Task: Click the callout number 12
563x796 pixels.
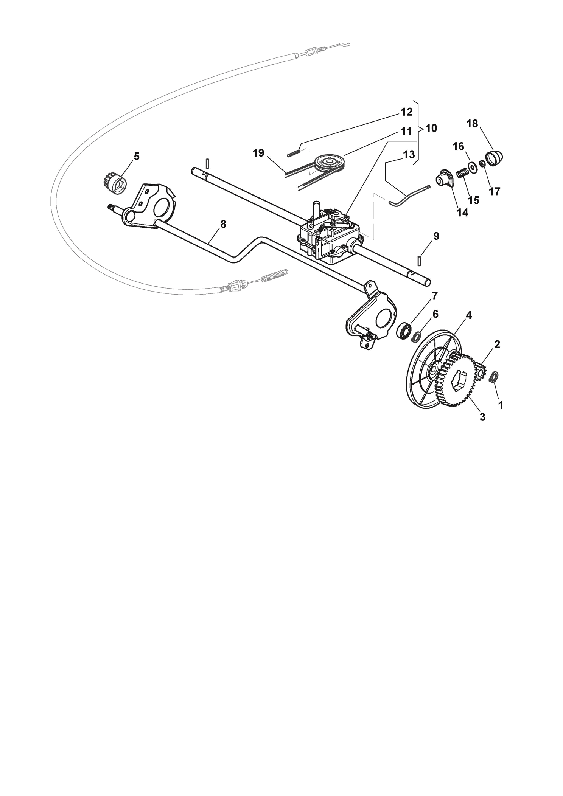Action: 406,112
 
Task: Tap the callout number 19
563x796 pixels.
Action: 258,153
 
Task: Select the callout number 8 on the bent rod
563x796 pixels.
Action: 223,224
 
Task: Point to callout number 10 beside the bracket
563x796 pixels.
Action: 431,128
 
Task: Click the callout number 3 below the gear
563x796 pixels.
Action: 482,417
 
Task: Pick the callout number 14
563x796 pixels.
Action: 462,213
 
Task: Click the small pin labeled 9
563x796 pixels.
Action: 419,261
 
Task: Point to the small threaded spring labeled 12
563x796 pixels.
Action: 294,154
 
